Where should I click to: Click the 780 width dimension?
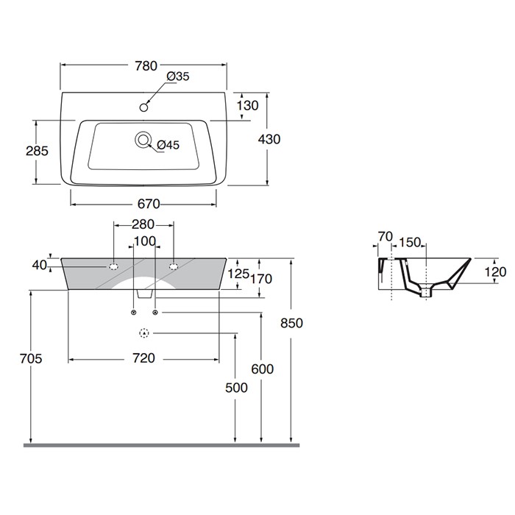(146, 65)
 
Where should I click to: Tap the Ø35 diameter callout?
(178, 77)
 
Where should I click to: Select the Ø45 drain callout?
(168, 145)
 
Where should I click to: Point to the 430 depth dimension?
(269, 139)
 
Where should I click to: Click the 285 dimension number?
(36, 151)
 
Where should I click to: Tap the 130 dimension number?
(247, 106)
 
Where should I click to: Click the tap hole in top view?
(143, 108)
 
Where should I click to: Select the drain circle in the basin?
(142, 139)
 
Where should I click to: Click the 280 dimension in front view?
(143, 224)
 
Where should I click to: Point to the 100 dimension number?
(144, 241)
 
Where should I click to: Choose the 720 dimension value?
(143, 358)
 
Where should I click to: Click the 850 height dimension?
(291, 323)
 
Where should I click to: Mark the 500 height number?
(236, 388)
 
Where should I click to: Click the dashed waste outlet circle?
(144, 334)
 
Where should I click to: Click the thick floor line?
(162, 445)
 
